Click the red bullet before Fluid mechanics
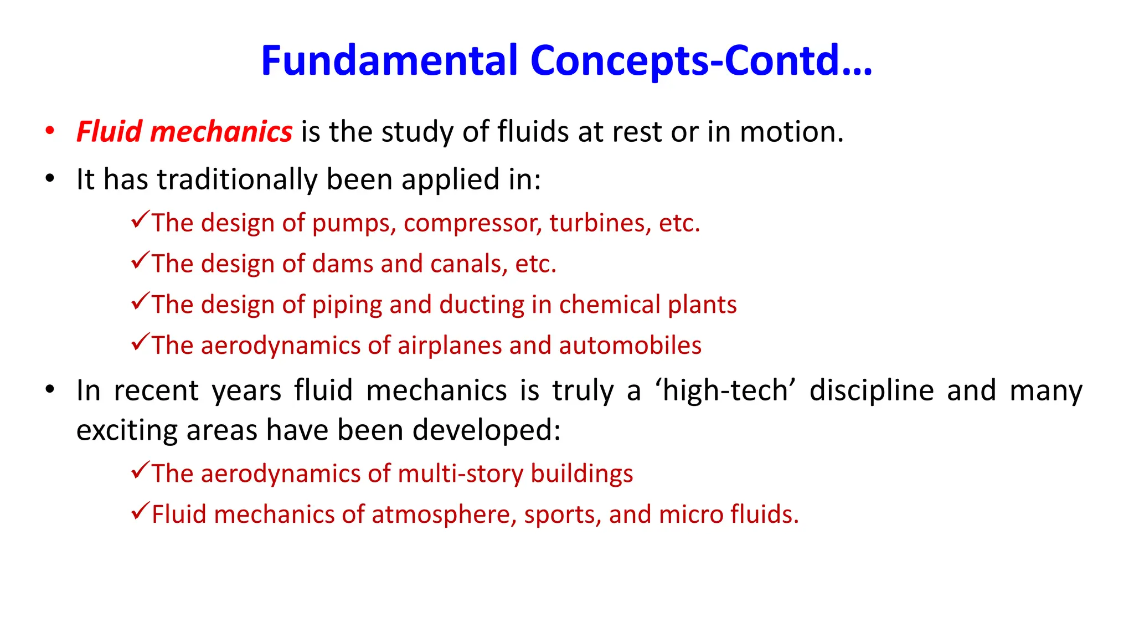tap(50, 131)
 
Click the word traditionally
tap(236, 179)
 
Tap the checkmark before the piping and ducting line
tap(141, 301)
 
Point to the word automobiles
tap(630, 346)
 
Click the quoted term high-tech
tap(725, 390)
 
